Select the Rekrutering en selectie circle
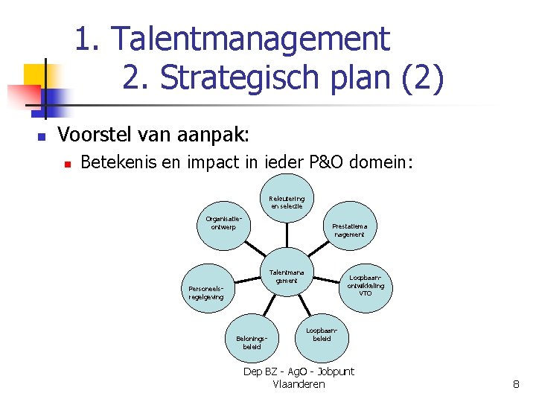(x=287, y=202)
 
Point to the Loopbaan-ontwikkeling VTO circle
(x=366, y=285)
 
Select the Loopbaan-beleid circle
(x=322, y=333)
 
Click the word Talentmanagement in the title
(x=253, y=39)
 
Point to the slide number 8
(x=515, y=384)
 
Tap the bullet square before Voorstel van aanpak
(x=42, y=137)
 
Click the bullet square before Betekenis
(x=66, y=162)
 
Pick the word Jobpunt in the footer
(x=336, y=371)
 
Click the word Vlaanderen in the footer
(x=299, y=384)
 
